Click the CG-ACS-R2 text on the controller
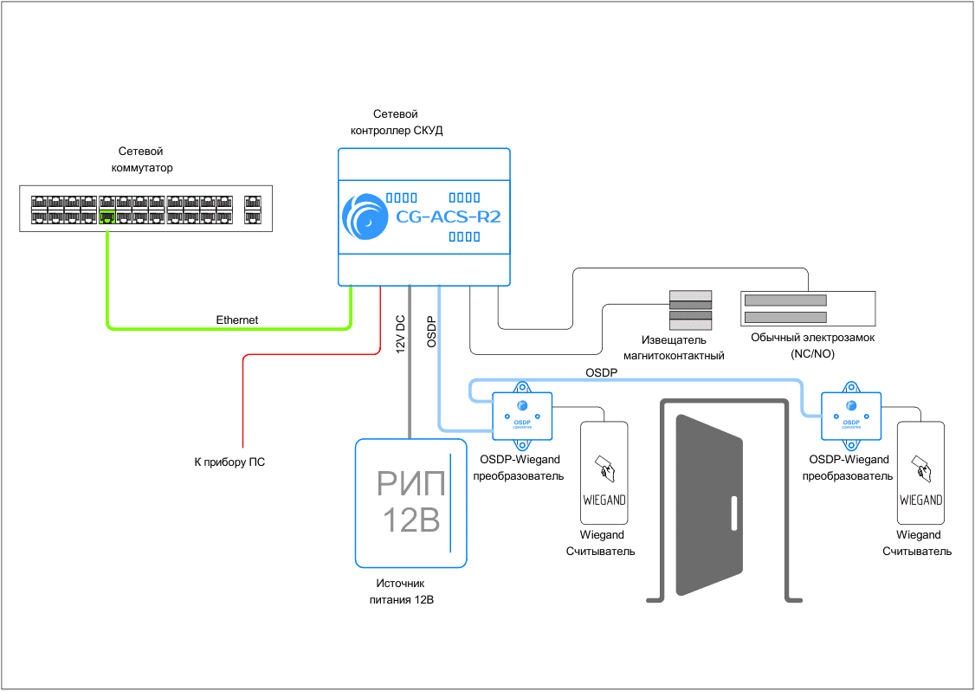pos(448,217)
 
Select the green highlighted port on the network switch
pos(107,216)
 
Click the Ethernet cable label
pos(237,320)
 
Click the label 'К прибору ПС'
pos(229,462)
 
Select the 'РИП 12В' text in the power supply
pos(411,502)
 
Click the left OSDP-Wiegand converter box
pos(522,412)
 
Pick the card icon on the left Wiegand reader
pos(604,468)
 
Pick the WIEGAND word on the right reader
pos(921,500)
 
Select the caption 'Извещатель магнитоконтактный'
pos(674,347)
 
